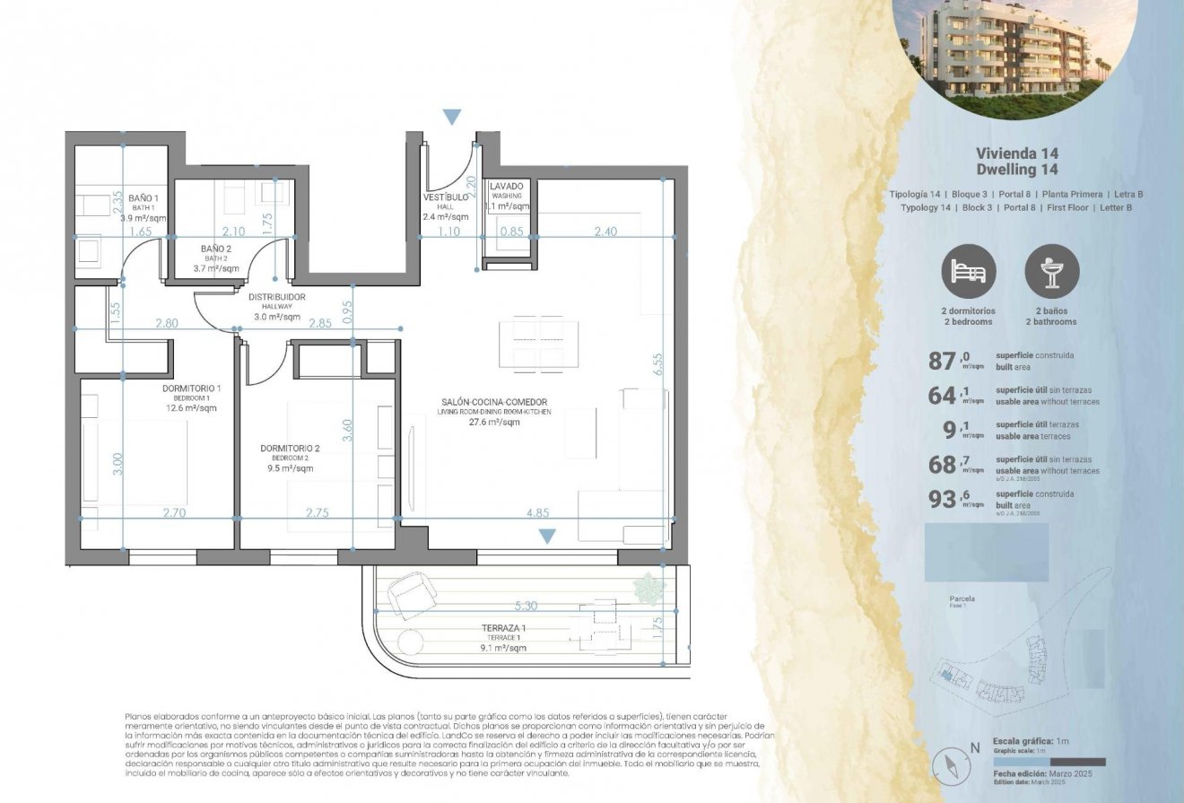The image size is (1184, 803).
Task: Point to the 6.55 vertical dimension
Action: [x=658, y=362]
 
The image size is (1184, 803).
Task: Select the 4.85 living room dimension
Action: [x=538, y=512]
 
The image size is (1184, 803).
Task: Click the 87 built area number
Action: [x=942, y=362]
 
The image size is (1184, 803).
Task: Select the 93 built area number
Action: [x=942, y=500]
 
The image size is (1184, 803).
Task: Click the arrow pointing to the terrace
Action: [x=546, y=537]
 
